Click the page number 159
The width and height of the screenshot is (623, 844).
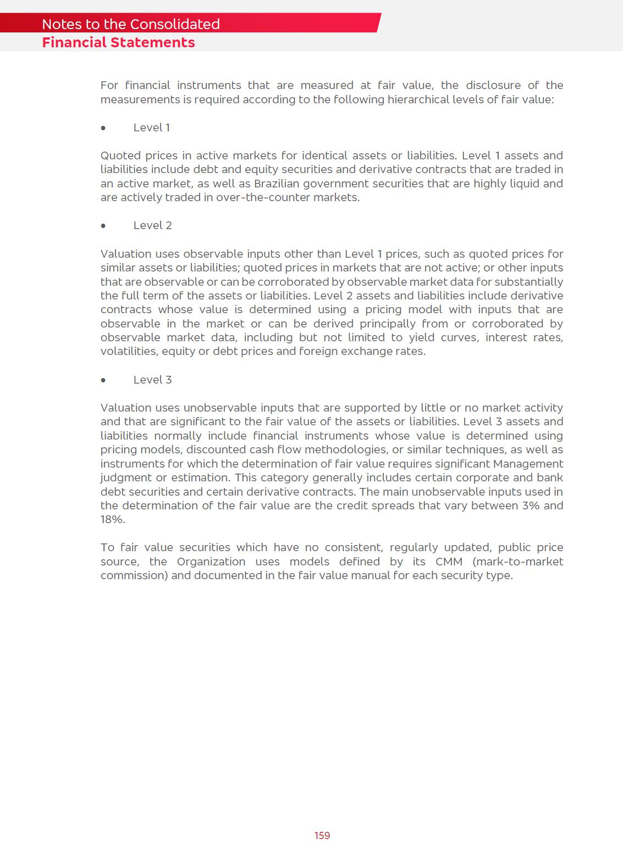click(x=322, y=835)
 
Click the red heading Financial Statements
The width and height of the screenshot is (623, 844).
click(x=118, y=43)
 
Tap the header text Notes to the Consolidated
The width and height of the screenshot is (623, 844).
click(x=131, y=24)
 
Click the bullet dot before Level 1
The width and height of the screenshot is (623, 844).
click(x=103, y=128)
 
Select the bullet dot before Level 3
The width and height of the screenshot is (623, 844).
click(x=103, y=380)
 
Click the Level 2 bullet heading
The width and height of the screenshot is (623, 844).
click(x=152, y=226)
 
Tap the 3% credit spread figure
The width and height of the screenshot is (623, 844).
click(x=531, y=506)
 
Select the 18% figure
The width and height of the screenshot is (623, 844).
click(x=112, y=520)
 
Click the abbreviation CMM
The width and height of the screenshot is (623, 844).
click(x=449, y=562)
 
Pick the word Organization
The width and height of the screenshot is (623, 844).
click(x=211, y=562)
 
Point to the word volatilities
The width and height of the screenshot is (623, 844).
click(x=129, y=352)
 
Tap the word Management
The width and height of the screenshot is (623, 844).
click(x=528, y=464)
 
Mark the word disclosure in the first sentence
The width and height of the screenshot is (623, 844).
click(x=494, y=86)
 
